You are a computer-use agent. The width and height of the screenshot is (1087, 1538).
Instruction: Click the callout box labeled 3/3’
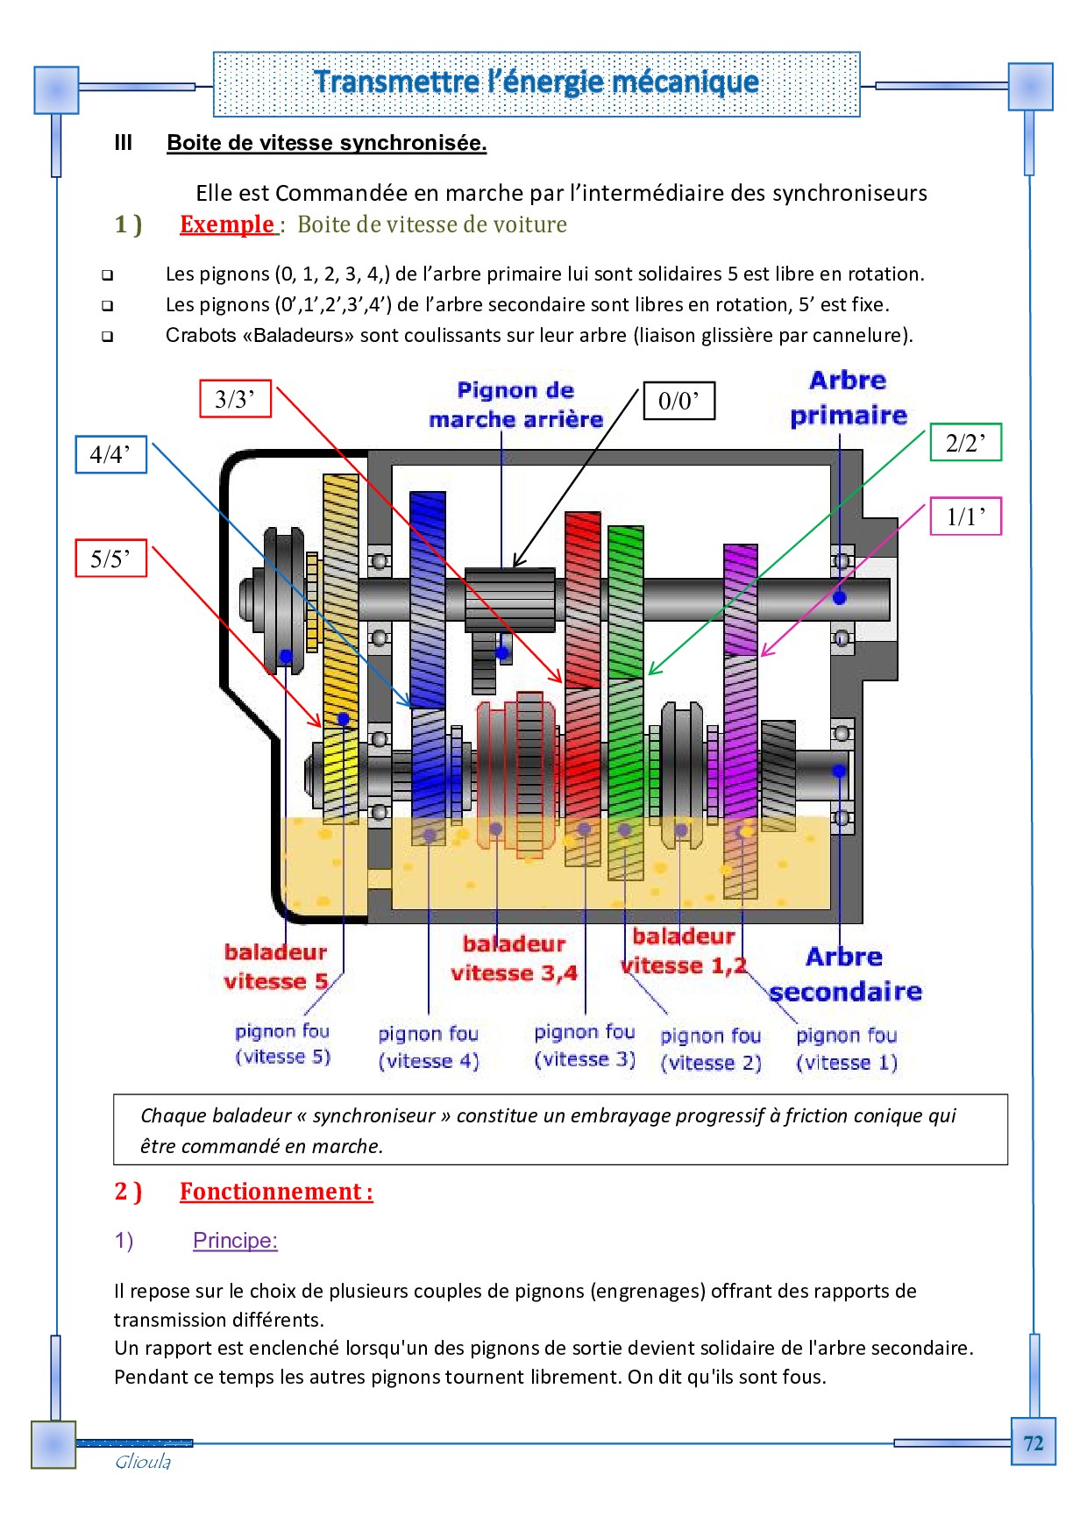coord(235,400)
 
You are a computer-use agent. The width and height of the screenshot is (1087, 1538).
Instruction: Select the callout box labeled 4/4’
coord(110,454)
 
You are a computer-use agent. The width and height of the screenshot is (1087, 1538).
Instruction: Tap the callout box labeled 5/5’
coord(110,559)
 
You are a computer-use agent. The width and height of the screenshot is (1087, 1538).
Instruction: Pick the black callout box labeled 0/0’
coord(678,401)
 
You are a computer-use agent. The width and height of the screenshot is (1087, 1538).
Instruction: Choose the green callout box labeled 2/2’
coord(965,443)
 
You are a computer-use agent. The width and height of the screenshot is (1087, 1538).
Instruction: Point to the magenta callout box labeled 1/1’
coord(965,516)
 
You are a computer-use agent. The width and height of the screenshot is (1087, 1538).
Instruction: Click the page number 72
coord(1033,1443)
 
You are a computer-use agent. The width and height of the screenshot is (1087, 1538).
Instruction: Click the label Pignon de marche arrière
coord(515,405)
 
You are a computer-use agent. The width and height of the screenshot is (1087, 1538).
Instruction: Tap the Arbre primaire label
coord(848,398)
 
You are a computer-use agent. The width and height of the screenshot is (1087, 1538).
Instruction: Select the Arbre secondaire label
coord(845,974)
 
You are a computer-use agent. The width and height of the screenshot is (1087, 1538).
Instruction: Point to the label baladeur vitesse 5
coord(275,966)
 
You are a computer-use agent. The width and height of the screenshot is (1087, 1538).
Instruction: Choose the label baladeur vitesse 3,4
coord(514,958)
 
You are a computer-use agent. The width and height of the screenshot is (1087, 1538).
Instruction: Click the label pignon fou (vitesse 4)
coord(428,1047)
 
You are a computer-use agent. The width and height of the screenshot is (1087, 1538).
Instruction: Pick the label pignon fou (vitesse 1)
coord(846,1049)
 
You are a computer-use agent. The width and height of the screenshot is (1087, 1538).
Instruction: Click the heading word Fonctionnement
coord(270,1192)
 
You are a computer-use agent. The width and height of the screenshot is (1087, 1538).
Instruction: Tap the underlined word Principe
coord(234,1241)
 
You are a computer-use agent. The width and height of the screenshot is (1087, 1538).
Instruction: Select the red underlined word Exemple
coord(227,224)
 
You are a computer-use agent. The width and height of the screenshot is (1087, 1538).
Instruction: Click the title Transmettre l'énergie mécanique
coord(536,82)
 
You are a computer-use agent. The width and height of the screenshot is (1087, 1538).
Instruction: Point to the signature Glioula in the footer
coord(143,1462)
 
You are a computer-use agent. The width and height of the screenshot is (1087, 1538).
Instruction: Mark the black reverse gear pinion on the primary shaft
coord(509,600)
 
